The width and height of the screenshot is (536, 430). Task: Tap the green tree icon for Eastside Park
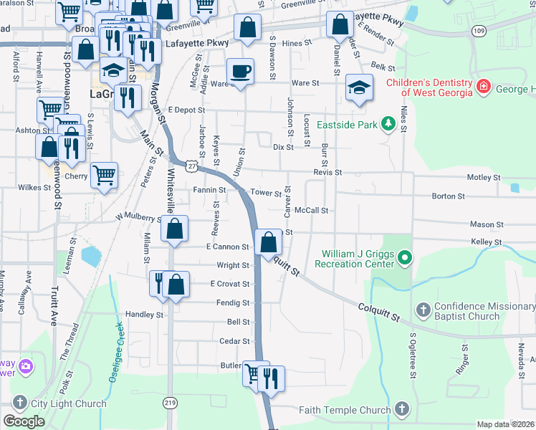tap(388, 124)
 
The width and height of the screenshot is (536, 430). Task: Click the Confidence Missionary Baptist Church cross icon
tap(423, 310)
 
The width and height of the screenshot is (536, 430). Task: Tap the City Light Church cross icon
tap(19, 403)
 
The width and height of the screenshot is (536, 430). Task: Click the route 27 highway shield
tap(191, 166)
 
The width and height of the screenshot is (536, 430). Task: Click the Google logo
tap(24, 421)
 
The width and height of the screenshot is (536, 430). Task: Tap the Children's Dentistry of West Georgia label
tap(429, 87)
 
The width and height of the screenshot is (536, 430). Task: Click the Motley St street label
tap(483, 177)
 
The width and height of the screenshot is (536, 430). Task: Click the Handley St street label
tap(145, 315)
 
